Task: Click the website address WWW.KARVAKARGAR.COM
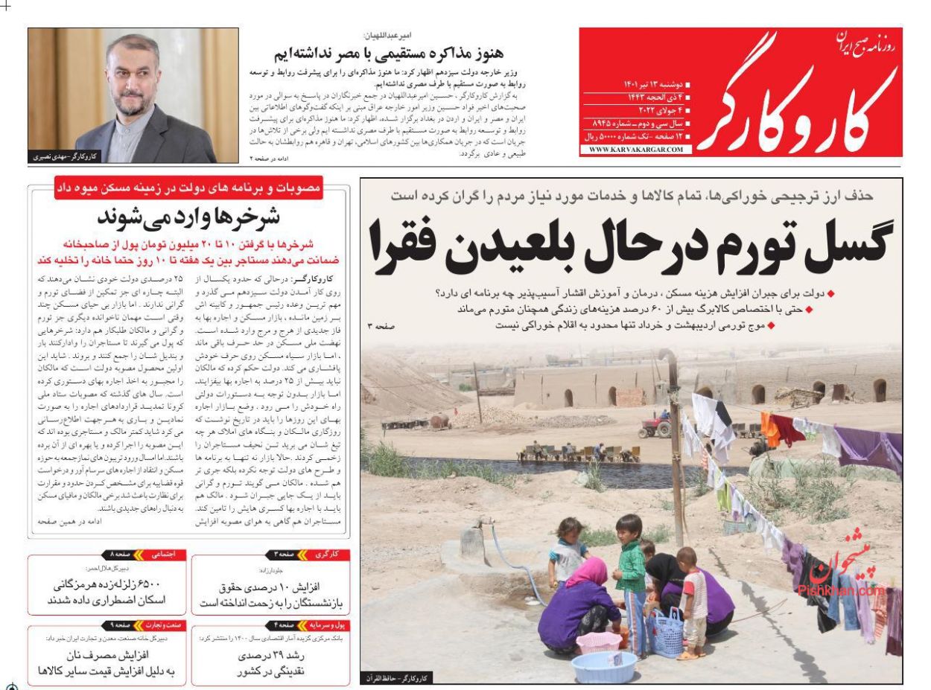click(x=636, y=150)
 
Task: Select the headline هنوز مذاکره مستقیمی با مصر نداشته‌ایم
click(x=388, y=53)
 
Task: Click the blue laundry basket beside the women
click(x=664, y=633)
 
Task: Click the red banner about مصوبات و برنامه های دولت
click(x=188, y=188)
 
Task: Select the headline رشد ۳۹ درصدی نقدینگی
click(x=270, y=662)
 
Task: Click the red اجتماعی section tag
click(x=162, y=555)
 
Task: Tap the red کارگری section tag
click(x=327, y=555)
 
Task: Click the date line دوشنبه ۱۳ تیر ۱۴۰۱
click(x=646, y=85)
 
